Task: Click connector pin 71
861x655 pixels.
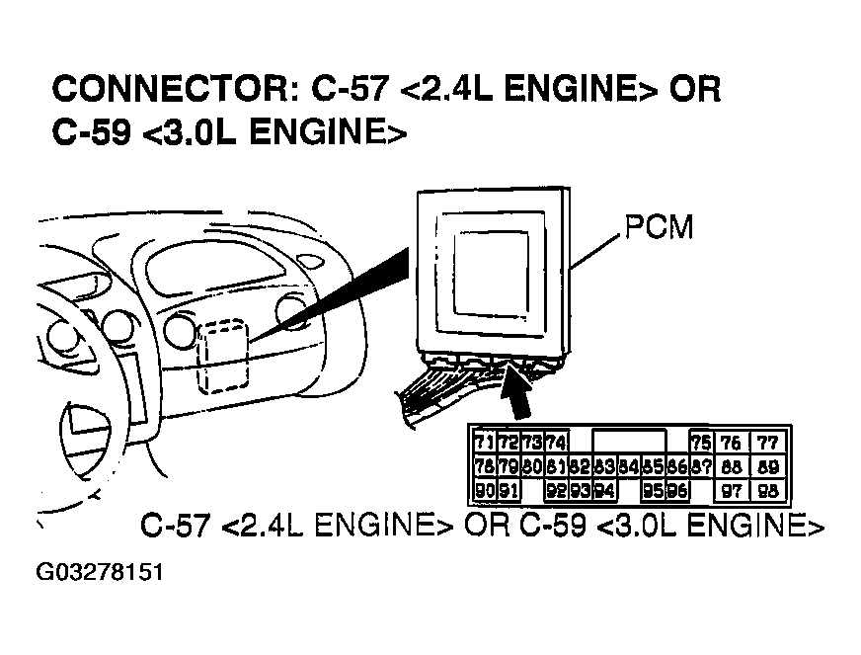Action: coord(484,442)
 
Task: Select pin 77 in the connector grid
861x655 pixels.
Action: coord(768,442)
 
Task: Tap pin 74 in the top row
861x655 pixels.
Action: coord(556,442)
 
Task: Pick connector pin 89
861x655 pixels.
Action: coord(768,466)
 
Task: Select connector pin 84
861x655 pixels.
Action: coord(628,466)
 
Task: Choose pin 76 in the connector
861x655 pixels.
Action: coord(732,442)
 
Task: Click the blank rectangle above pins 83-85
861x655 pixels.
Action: coord(628,442)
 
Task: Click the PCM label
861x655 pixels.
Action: coord(659,228)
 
